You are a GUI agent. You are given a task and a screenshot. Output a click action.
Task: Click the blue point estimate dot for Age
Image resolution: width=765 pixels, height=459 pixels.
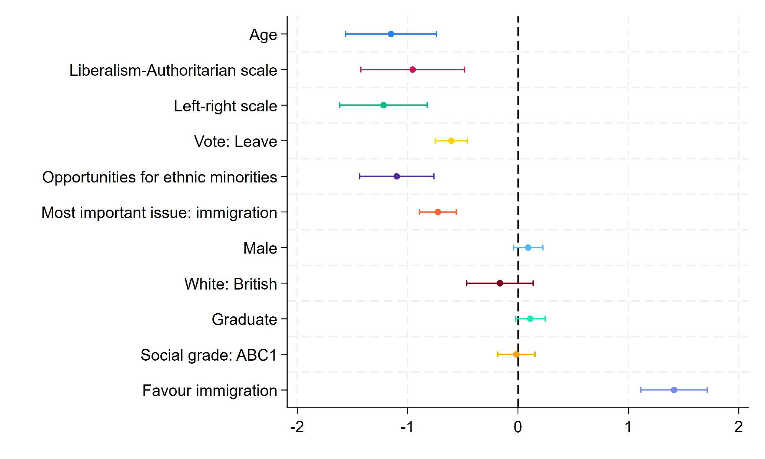point(391,34)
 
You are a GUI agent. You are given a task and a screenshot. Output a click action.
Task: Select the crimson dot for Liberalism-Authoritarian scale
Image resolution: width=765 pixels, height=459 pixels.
point(413,70)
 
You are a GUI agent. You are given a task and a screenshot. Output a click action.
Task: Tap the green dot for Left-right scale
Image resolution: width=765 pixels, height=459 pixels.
point(384,105)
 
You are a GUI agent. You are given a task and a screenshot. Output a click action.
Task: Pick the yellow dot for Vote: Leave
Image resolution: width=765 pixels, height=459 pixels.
point(451,141)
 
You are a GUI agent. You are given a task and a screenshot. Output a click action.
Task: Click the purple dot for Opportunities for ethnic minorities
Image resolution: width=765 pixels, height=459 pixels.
point(397,176)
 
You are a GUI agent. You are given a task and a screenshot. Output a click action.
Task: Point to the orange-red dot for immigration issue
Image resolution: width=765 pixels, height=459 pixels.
point(438,212)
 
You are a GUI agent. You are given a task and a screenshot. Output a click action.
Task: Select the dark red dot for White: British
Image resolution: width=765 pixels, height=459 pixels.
point(500,283)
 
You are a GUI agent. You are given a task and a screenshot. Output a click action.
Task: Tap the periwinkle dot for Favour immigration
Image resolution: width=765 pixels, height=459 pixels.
point(674,390)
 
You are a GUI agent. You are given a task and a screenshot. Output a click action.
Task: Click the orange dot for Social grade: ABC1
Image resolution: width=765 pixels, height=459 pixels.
point(516,354)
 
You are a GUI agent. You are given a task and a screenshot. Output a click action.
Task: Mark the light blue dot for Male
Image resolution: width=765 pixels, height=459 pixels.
point(528,247)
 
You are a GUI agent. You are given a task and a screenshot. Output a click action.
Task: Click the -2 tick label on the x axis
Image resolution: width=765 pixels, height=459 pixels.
point(297,427)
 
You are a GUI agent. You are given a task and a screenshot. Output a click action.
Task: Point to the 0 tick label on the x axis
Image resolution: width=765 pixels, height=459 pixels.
point(518,427)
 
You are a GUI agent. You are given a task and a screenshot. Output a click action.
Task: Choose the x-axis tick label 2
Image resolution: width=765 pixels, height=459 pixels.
point(738,427)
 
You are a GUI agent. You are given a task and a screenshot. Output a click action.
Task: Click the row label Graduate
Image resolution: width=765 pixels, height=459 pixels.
point(244,319)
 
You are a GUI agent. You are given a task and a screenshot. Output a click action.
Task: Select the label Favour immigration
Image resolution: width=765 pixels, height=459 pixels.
point(210,391)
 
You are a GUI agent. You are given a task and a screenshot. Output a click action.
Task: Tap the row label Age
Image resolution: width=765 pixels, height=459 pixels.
point(263,35)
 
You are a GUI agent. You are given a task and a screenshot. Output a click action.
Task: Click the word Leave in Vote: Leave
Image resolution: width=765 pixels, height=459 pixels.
point(256,142)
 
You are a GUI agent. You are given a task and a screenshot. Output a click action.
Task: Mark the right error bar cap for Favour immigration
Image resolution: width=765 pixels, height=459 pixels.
point(707,390)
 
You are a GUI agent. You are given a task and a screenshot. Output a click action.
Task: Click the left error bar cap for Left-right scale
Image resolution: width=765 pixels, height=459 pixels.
point(340,105)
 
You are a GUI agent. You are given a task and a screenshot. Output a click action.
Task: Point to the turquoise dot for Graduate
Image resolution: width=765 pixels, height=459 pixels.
point(530,319)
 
